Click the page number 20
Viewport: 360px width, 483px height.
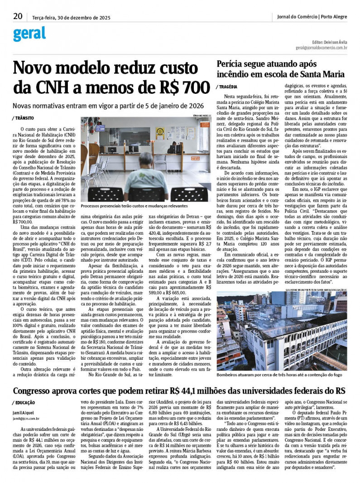click(18, 16)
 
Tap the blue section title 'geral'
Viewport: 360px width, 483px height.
click(29, 34)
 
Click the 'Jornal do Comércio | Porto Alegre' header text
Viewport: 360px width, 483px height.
click(312, 17)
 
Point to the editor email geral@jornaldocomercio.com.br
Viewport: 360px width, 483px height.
click(322, 47)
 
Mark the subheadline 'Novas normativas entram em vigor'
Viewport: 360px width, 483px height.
click(108, 105)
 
